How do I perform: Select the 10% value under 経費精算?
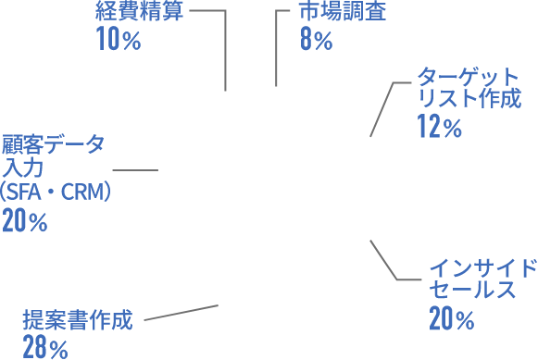point(118,40)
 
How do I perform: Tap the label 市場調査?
point(342,12)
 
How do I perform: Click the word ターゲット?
point(469,75)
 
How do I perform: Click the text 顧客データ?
point(53,143)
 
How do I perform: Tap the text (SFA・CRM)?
point(56,192)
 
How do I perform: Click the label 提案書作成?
point(78,321)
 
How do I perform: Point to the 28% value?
point(46,348)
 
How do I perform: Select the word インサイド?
point(482,267)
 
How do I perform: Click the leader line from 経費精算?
point(226,46)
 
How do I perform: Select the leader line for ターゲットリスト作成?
point(381,109)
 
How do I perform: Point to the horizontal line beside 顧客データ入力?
point(134,170)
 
